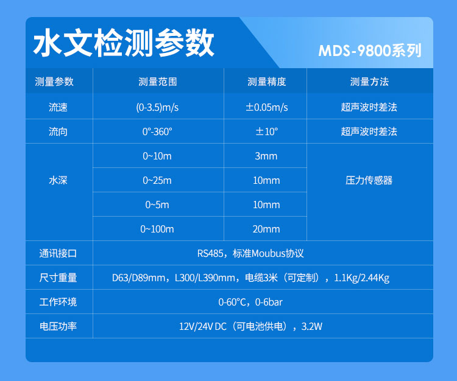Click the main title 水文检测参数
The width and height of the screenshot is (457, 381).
(124, 43)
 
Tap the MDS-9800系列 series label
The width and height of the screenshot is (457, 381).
(370, 51)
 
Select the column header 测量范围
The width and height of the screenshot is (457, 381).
(158, 82)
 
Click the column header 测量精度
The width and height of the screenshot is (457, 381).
(267, 82)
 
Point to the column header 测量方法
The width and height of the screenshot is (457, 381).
(369, 82)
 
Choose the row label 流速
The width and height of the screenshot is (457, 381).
(58, 107)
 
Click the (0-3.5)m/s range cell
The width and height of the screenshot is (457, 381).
(157, 107)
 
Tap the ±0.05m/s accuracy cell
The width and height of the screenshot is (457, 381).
(267, 107)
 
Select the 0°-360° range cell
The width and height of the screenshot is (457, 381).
(157, 131)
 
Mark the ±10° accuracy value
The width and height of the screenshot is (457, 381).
(267, 131)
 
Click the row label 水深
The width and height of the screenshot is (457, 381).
(58, 181)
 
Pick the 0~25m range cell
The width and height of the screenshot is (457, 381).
(157, 181)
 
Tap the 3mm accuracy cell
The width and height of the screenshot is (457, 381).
(266, 156)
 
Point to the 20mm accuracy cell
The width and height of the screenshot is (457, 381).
(266, 229)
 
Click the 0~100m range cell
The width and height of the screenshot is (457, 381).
(157, 229)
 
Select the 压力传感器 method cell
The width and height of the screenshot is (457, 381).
(369, 181)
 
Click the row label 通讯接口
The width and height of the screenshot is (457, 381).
(58, 254)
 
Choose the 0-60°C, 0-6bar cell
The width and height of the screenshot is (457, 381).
(250, 302)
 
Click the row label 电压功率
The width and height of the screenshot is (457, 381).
(58, 326)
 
